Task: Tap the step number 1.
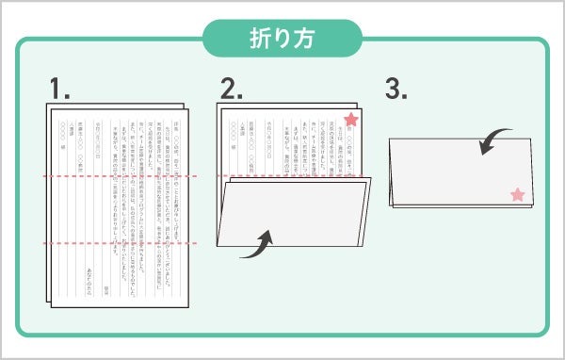(x=60, y=90)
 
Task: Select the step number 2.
(x=233, y=90)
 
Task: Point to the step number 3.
(x=396, y=90)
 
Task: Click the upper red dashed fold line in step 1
(x=118, y=177)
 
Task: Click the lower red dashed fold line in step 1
(x=118, y=243)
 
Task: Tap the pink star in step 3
(x=516, y=195)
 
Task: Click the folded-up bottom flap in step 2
(x=292, y=217)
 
